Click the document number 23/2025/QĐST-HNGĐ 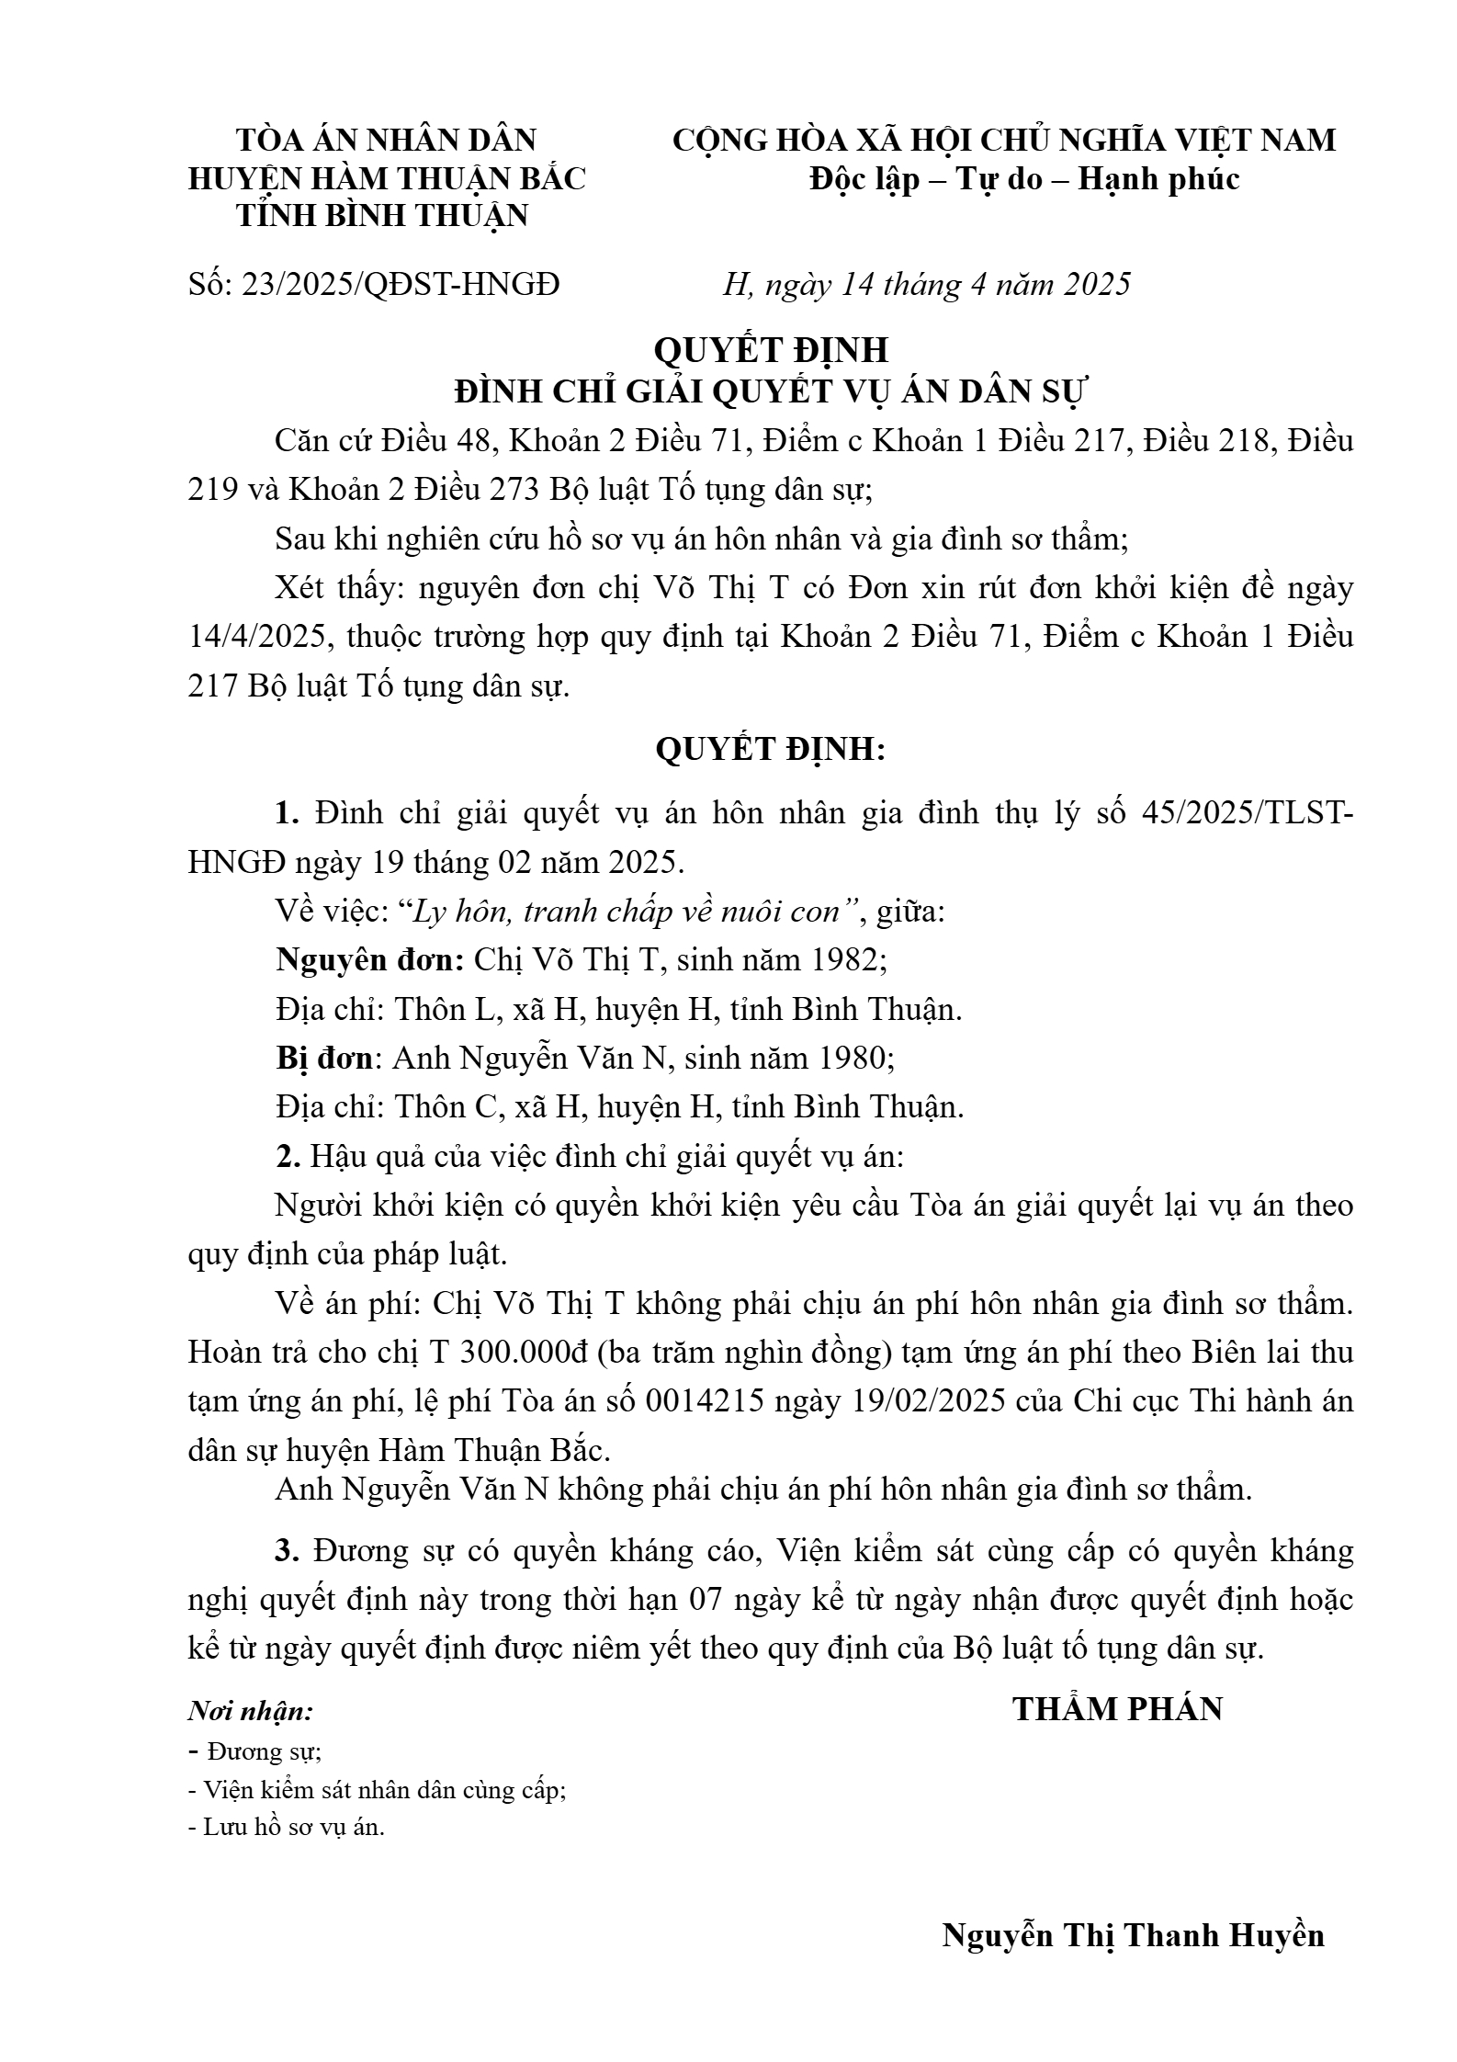pyautogui.click(x=400, y=285)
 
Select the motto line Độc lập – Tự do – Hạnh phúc pyautogui.click(x=1024, y=178)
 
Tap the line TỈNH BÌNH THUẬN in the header pyautogui.click(x=383, y=216)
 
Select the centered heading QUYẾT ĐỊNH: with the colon pyautogui.click(x=771, y=750)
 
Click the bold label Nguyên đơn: pyautogui.click(x=369, y=960)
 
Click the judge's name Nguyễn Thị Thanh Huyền pyautogui.click(x=1133, y=1935)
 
